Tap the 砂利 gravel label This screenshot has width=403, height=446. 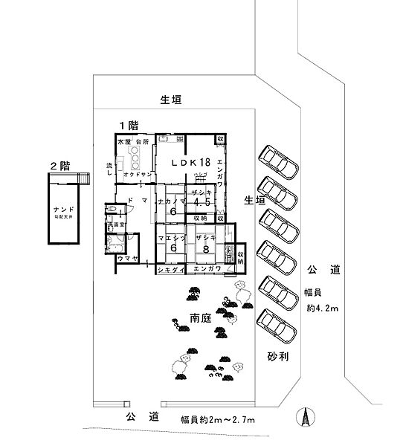277,357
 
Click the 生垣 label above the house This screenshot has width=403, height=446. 171,98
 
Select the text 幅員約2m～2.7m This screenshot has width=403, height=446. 217,420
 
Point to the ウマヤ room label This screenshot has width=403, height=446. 126,258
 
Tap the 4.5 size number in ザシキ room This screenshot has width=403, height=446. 199,201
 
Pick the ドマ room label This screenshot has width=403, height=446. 135,201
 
